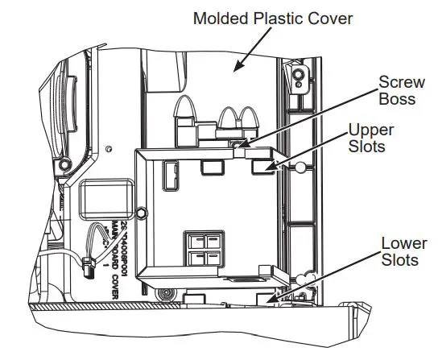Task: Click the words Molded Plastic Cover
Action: pyautogui.click(x=273, y=18)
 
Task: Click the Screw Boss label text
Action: pyautogui.click(x=396, y=89)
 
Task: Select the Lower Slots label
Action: pyautogui.click(x=400, y=250)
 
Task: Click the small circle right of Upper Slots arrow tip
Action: pyautogui.click(x=299, y=168)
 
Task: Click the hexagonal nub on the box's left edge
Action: pyautogui.click(x=141, y=213)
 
